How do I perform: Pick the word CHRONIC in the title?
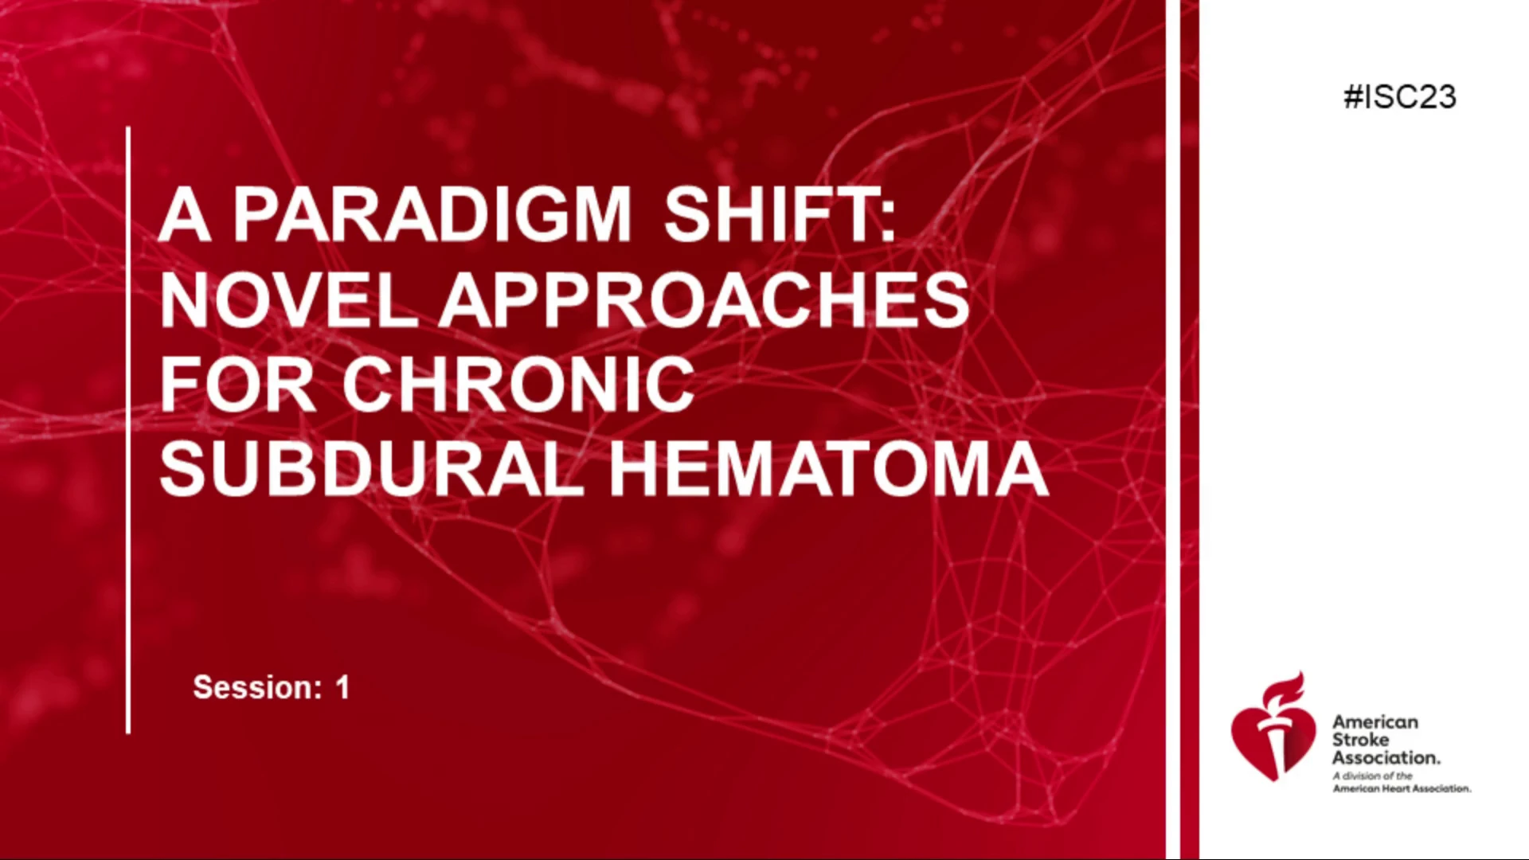[518, 385]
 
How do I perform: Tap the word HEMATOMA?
[829, 470]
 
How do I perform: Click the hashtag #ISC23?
[1399, 97]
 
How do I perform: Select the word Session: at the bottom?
[256, 687]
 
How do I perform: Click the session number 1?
[342, 687]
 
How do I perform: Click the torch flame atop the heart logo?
[1284, 690]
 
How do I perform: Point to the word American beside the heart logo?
[1375, 722]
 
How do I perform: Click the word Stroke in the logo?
[1360, 740]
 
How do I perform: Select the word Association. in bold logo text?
[1386, 757]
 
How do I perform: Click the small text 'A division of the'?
[1373, 776]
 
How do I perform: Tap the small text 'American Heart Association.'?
[1402, 788]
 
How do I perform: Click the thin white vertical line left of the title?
[128, 430]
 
